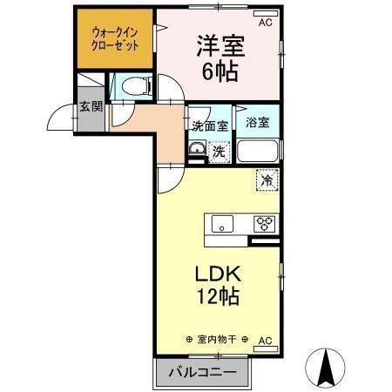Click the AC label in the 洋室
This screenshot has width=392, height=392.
pos(265,22)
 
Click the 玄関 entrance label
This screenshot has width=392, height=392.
pos(91,107)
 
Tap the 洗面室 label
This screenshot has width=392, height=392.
pos(210,125)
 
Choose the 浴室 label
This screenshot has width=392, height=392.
pos(258,124)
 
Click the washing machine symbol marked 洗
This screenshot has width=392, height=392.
pos(219,149)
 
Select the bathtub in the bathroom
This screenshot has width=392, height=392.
pos(258,151)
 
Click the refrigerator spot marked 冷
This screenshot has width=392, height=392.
pos(267,181)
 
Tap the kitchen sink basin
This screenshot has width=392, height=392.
pos(220,223)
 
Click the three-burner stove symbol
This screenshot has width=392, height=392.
pos(262,223)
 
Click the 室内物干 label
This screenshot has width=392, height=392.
pos(217,340)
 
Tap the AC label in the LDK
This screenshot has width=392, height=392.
pos(265,340)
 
